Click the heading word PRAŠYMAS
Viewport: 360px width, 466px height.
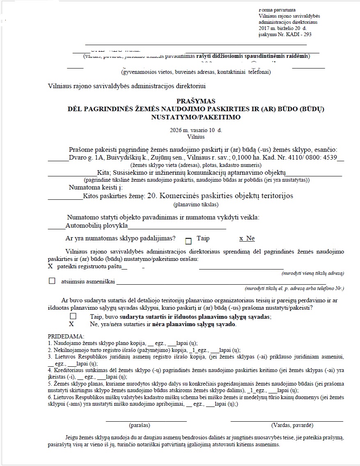[x=195, y=101]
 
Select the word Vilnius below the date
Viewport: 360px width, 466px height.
[x=195, y=137]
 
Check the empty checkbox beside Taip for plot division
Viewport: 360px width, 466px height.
[x=188, y=241]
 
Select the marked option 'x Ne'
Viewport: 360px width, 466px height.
[x=247, y=238]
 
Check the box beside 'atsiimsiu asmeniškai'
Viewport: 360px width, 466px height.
[x=52, y=281]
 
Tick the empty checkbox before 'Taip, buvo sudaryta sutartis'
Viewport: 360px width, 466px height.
[x=73, y=316]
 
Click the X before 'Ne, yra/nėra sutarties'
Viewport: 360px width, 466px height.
[x=71, y=324]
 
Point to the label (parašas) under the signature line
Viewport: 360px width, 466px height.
[x=140, y=425]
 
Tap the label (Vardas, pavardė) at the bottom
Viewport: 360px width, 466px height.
[x=292, y=425]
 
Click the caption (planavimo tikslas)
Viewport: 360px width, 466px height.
[x=195, y=204]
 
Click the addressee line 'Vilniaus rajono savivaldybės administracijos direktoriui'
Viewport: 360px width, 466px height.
[x=127, y=86]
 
